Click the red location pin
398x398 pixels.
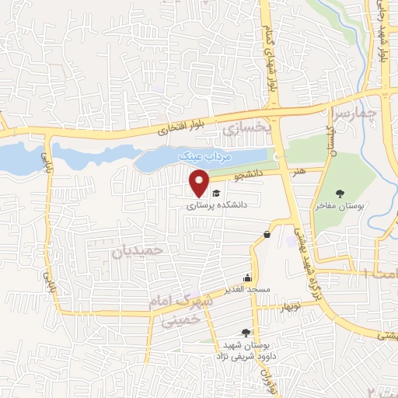199,182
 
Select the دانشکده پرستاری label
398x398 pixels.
212,207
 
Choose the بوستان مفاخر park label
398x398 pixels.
340,207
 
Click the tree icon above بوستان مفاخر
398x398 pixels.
340,193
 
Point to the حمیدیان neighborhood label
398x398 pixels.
139,250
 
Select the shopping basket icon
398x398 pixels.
267,234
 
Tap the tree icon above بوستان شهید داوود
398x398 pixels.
246,333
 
